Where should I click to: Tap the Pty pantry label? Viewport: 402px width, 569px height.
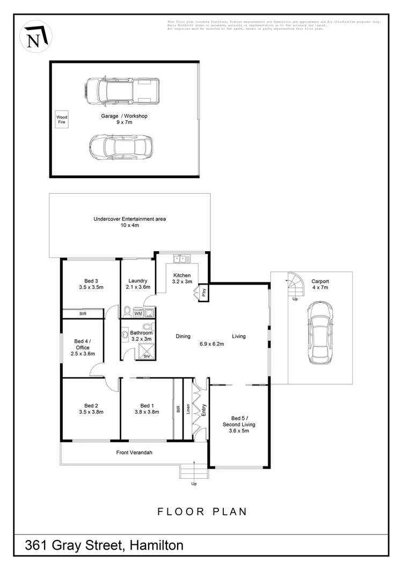click(204, 293)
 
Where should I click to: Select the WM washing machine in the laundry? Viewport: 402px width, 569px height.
click(137, 313)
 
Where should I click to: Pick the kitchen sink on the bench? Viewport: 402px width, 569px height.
click(181, 259)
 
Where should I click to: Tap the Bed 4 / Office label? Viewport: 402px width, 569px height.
click(82, 344)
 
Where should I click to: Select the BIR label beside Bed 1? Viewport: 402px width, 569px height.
click(178, 410)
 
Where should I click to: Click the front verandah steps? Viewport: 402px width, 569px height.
click(193, 471)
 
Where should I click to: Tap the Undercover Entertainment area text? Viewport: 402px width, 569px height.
click(129, 219)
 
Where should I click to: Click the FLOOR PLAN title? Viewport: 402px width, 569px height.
click(202, 512)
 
